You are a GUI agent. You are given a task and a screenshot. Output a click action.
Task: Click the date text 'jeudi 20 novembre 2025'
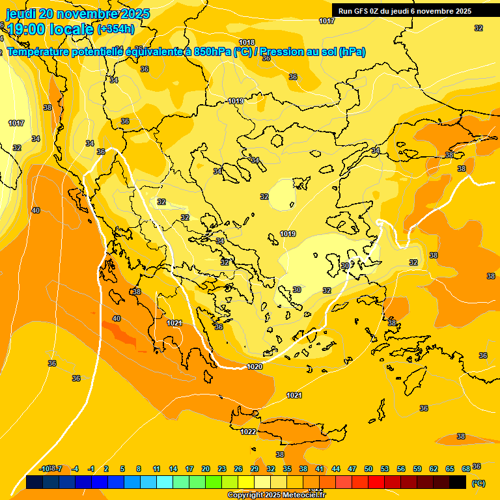77,14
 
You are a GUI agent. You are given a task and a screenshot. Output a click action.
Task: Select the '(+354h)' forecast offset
116,29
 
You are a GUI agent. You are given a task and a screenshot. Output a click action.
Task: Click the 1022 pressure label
248,432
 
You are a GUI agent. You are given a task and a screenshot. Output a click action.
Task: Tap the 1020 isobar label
255,367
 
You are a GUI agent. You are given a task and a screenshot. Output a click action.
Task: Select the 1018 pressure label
247,42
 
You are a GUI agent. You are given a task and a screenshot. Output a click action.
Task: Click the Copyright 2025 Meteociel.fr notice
276,495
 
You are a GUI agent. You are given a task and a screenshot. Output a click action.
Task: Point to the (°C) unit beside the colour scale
478,482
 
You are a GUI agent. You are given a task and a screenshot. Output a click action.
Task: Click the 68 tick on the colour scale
466,469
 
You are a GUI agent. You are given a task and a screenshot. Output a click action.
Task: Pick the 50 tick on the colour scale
368,469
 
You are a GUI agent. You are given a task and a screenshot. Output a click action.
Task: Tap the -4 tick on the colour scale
75,469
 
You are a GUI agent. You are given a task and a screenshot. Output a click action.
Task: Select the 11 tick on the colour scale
156,469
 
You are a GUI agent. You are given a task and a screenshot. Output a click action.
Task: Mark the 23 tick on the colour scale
221,469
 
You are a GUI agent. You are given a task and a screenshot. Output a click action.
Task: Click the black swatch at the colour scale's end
458,482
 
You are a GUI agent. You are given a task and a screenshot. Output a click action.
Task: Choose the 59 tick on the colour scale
417,469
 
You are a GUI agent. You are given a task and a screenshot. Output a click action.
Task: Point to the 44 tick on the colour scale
336,469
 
